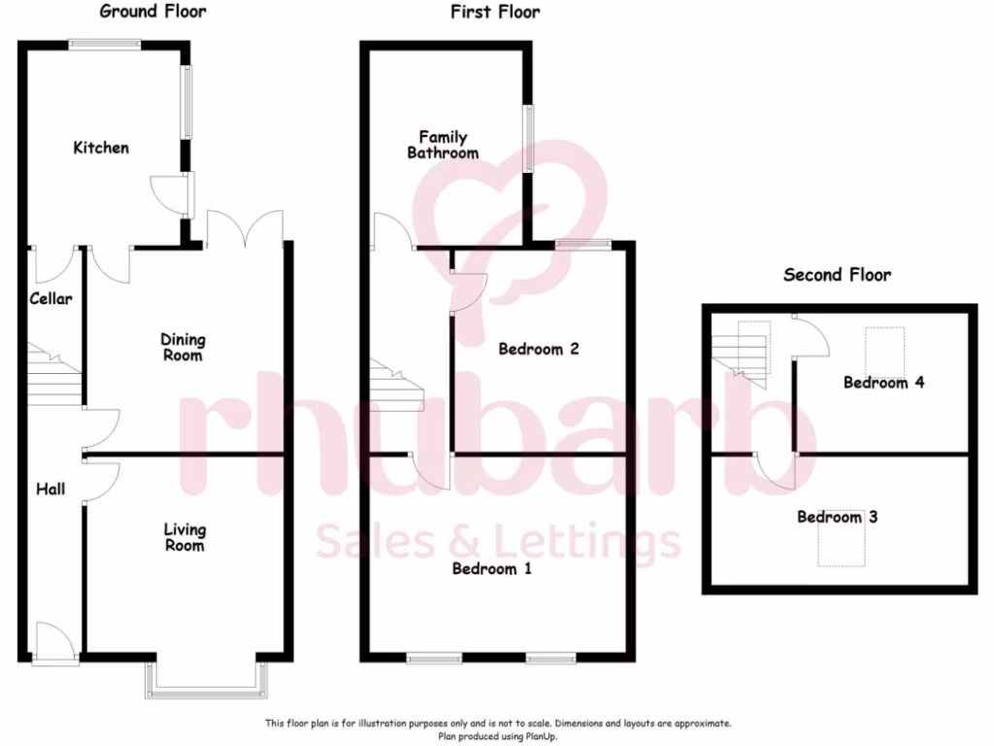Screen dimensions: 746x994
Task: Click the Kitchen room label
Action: (101, 148)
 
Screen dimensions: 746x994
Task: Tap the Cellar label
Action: (50, 299)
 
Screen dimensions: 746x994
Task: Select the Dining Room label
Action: (183, 348)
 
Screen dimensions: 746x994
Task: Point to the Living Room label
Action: (184, 537)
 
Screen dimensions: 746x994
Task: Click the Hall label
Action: (50, 489)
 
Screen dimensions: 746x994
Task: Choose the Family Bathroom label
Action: (443, 146)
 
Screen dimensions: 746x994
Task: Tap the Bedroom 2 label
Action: (539, 349)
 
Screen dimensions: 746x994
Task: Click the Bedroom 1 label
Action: (492, 568)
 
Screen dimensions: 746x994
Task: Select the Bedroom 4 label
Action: (883, 383)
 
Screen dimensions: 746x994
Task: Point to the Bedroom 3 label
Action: (838, 517)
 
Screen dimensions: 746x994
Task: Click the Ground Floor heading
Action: (153, 12)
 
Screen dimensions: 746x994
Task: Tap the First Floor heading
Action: (495, 12)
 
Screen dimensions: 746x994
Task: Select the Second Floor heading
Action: (837, 275)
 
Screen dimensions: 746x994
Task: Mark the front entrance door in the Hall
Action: (55, 643)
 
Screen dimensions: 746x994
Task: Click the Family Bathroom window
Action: (530, 138)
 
